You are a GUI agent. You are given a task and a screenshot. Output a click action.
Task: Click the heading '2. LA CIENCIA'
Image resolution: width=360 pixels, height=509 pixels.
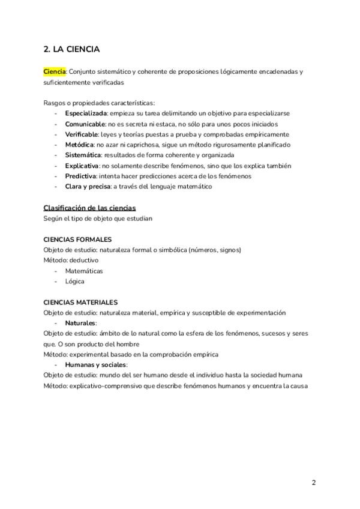click(x=71, y=49)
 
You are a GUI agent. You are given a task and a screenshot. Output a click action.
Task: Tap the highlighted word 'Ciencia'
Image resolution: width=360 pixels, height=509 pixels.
click(x=55, y=71)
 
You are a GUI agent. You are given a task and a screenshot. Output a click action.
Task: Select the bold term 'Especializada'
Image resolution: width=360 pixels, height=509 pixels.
click(x=86, y=113)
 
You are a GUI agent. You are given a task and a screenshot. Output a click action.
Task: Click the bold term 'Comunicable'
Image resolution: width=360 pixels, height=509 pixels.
click(x=85, y=124)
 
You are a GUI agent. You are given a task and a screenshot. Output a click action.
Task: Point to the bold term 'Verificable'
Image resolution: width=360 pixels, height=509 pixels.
click(x=82, y=134)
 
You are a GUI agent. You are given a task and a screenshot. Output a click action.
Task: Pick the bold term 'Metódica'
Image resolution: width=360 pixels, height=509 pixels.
click(x=80, y=145)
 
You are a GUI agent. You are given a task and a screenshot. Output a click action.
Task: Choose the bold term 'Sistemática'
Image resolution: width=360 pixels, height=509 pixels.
click(x=83, y=155)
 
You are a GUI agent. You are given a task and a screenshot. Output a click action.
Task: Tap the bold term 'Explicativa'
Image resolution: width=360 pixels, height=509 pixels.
click(x=82, y=166)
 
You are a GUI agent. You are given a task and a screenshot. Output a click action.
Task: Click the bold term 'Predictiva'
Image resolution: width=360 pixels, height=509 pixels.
click(x=80, y=176)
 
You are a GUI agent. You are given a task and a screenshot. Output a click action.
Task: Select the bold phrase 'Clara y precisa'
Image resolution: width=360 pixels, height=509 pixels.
click(x=88, y=187)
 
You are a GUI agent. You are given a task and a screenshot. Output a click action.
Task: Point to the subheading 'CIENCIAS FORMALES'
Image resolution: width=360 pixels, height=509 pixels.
click(x=77, y=239)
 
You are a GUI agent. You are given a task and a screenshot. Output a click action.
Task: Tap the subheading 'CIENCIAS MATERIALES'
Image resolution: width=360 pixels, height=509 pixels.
click(x=80, y=303)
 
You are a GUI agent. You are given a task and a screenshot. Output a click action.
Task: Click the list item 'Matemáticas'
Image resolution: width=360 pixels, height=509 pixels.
click(x=84, y=271)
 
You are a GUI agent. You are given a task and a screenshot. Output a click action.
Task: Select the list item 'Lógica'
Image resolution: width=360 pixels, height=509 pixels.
click(x=75, y=282)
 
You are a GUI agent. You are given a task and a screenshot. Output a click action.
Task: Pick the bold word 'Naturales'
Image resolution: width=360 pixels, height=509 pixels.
click(x=80, y=323)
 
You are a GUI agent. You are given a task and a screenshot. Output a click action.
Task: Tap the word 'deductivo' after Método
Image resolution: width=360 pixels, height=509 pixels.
click(x=85, y=261)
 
